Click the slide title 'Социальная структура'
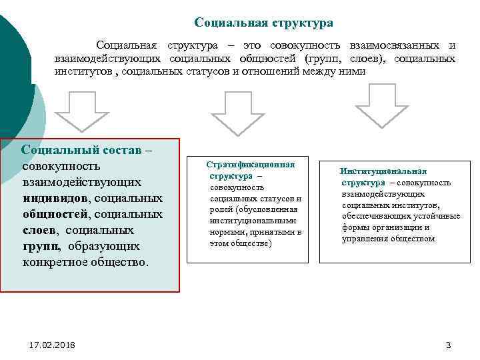(263, 23)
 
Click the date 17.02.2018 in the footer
(53, 345)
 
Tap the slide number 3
(448, 345)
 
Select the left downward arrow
(81, 110)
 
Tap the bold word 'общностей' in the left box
(55, 214)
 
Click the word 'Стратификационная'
(250, 164)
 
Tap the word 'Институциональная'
(383, 171)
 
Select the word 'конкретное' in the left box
(55, 262)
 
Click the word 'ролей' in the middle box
(222, 209)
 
